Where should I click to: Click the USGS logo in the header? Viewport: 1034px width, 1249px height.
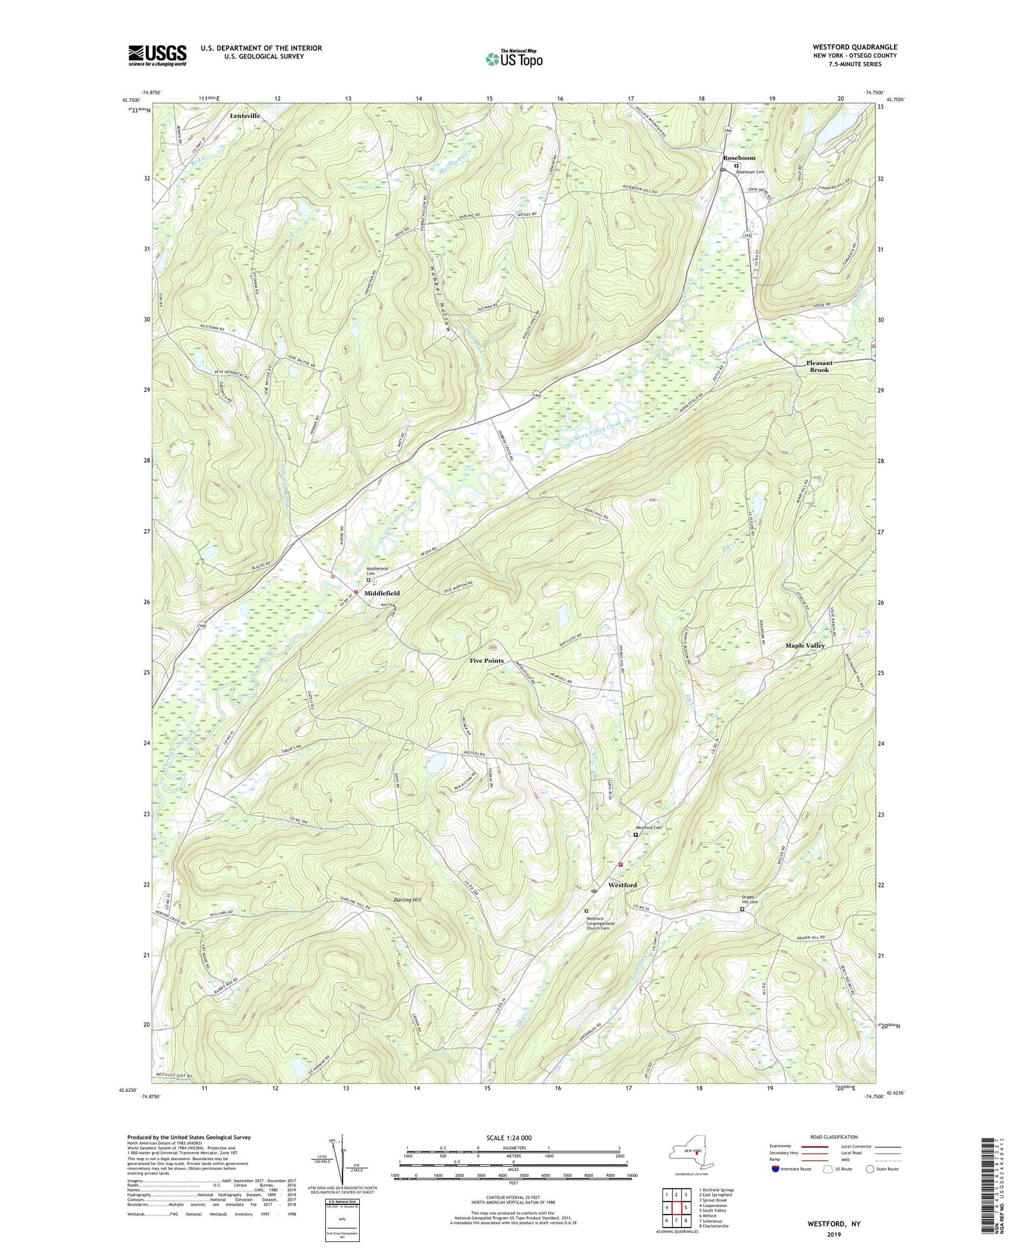(x=157, y=55)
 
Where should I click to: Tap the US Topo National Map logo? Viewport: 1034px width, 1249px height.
(x=514, y=59)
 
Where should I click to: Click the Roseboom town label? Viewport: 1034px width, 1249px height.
(x=739, y=158)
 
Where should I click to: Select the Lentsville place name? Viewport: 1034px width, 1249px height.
(x=245, y=116)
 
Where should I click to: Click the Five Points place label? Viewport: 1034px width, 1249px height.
(x=487, y=661)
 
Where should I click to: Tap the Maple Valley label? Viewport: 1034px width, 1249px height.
(x=805, y=646)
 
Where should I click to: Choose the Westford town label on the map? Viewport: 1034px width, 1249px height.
(x=622, y=885)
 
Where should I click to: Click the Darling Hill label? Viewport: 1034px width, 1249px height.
(x=408, y=900)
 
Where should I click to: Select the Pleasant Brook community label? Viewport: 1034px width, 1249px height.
(x=820, y=366)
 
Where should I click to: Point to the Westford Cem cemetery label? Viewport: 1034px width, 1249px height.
(x=648, y=827)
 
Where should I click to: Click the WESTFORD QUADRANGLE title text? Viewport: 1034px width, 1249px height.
(x=855, y=48)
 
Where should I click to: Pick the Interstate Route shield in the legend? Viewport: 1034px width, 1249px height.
(x=775, y=1169)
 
